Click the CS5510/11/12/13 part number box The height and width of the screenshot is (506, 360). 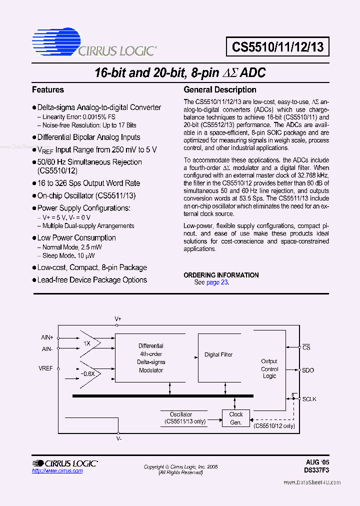click(x=277, y=47)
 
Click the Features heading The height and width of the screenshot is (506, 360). click(x=48, y=90)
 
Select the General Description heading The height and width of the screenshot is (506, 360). click(x=220, y=90)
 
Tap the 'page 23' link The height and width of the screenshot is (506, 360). click(x=217, y=282)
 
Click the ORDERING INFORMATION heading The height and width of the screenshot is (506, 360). click(x=221, y=275)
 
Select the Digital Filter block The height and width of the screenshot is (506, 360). click(x=218, y=355)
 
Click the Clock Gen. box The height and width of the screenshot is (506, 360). click(x=235, y=418)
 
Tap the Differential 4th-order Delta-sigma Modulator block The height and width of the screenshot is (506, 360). click(x=150, y=358)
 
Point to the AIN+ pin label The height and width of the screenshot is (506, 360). click(x=47, y=337)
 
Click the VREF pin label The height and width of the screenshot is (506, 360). click(x=46, y=368)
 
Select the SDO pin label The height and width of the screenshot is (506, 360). click(x=308, y=370)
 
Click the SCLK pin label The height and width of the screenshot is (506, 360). click(x=309, y=399)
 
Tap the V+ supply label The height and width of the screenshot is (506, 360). click(x=118, y=318)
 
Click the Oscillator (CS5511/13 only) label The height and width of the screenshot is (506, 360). click(x=180, y=418)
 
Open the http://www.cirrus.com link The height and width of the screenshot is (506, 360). click(x=57, y=471)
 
